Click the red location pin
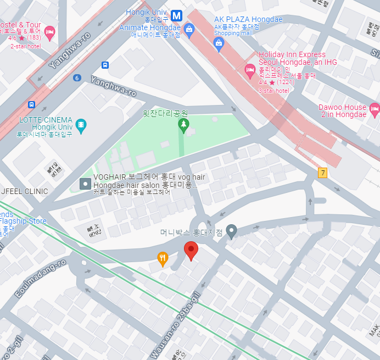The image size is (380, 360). (191, 250)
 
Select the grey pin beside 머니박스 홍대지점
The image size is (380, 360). (232, 231)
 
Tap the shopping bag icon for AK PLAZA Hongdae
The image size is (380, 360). (219, 44)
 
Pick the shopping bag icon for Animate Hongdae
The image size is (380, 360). (189, 30)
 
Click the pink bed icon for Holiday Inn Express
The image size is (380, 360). (250, 69)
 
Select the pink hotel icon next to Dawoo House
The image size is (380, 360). (375, 109)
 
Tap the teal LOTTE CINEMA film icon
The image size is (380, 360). (81, 125)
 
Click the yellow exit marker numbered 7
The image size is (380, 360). (322, 173)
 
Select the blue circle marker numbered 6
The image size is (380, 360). (77, 78)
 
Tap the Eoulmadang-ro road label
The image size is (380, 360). (41, 279)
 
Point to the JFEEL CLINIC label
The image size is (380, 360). (25, 191)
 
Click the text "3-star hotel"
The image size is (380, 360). (273, 91)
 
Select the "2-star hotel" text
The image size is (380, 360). (25, 46)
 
